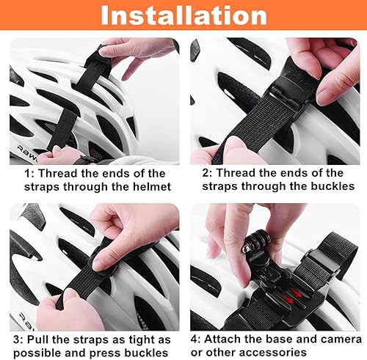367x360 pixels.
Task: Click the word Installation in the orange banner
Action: (x=183, y=17)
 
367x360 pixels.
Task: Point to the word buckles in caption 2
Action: (x=321, y=186)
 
